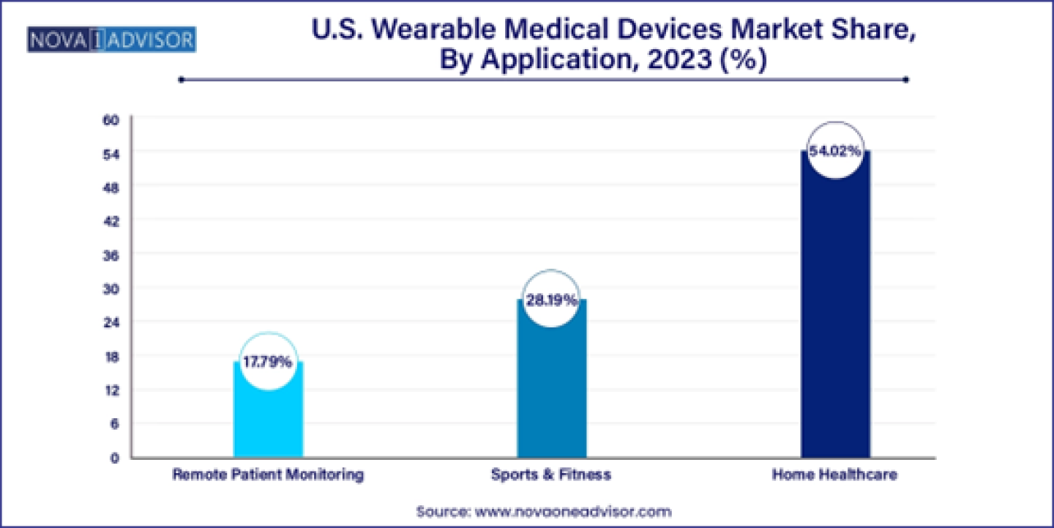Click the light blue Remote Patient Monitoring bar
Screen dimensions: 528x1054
click(268, 417)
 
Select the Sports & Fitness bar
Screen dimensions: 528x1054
click(551, 388)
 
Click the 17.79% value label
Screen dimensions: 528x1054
click(268, 362)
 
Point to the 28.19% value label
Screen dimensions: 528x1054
click(551, 300)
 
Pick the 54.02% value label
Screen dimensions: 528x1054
click(835, 152)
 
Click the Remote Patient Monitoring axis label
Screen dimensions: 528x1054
click(268, 475)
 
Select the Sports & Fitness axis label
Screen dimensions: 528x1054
click(551, 475)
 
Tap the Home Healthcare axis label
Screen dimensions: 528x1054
click(835, 475)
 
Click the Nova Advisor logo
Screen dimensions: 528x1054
click(111, 40)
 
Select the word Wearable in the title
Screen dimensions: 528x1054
click(438, 31)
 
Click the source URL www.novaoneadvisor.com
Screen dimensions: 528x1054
click(573, 511)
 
